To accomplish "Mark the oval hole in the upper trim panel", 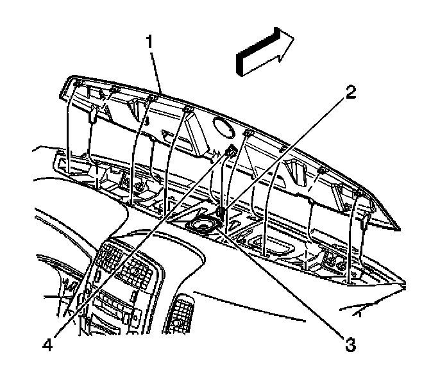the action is click(224, 128).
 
